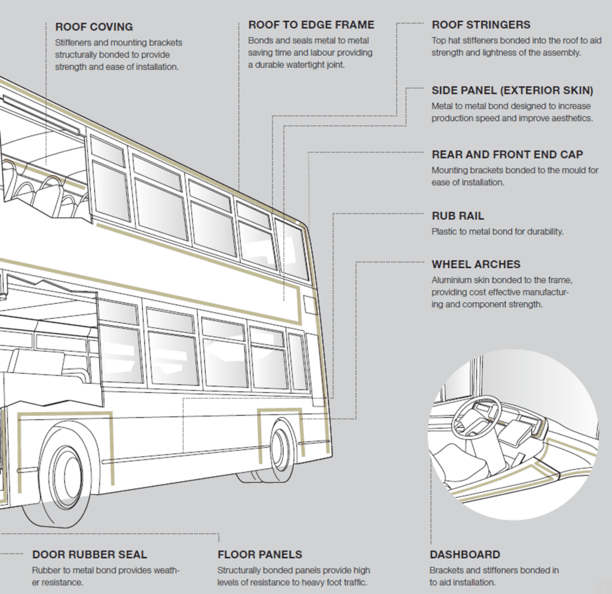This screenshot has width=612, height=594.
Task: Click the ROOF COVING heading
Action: pos(94,27)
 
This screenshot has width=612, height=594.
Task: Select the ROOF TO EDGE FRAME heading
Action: pos(311,25)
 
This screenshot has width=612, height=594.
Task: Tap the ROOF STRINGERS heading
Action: pos(481,25)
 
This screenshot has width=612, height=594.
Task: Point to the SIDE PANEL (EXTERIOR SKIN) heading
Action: pos(512,91)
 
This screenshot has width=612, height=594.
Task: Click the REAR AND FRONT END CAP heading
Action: pos(507,155)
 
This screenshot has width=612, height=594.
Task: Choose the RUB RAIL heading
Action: pos(458,216)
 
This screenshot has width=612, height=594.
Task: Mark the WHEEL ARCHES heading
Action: pos(476,264)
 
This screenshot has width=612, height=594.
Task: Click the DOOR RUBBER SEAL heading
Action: pos(90,555)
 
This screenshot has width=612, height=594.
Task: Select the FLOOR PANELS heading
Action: pos(260,555)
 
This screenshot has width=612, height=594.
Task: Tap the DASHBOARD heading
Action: pos(465,555)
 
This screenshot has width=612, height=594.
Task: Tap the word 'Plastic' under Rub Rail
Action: pos(444,232)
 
